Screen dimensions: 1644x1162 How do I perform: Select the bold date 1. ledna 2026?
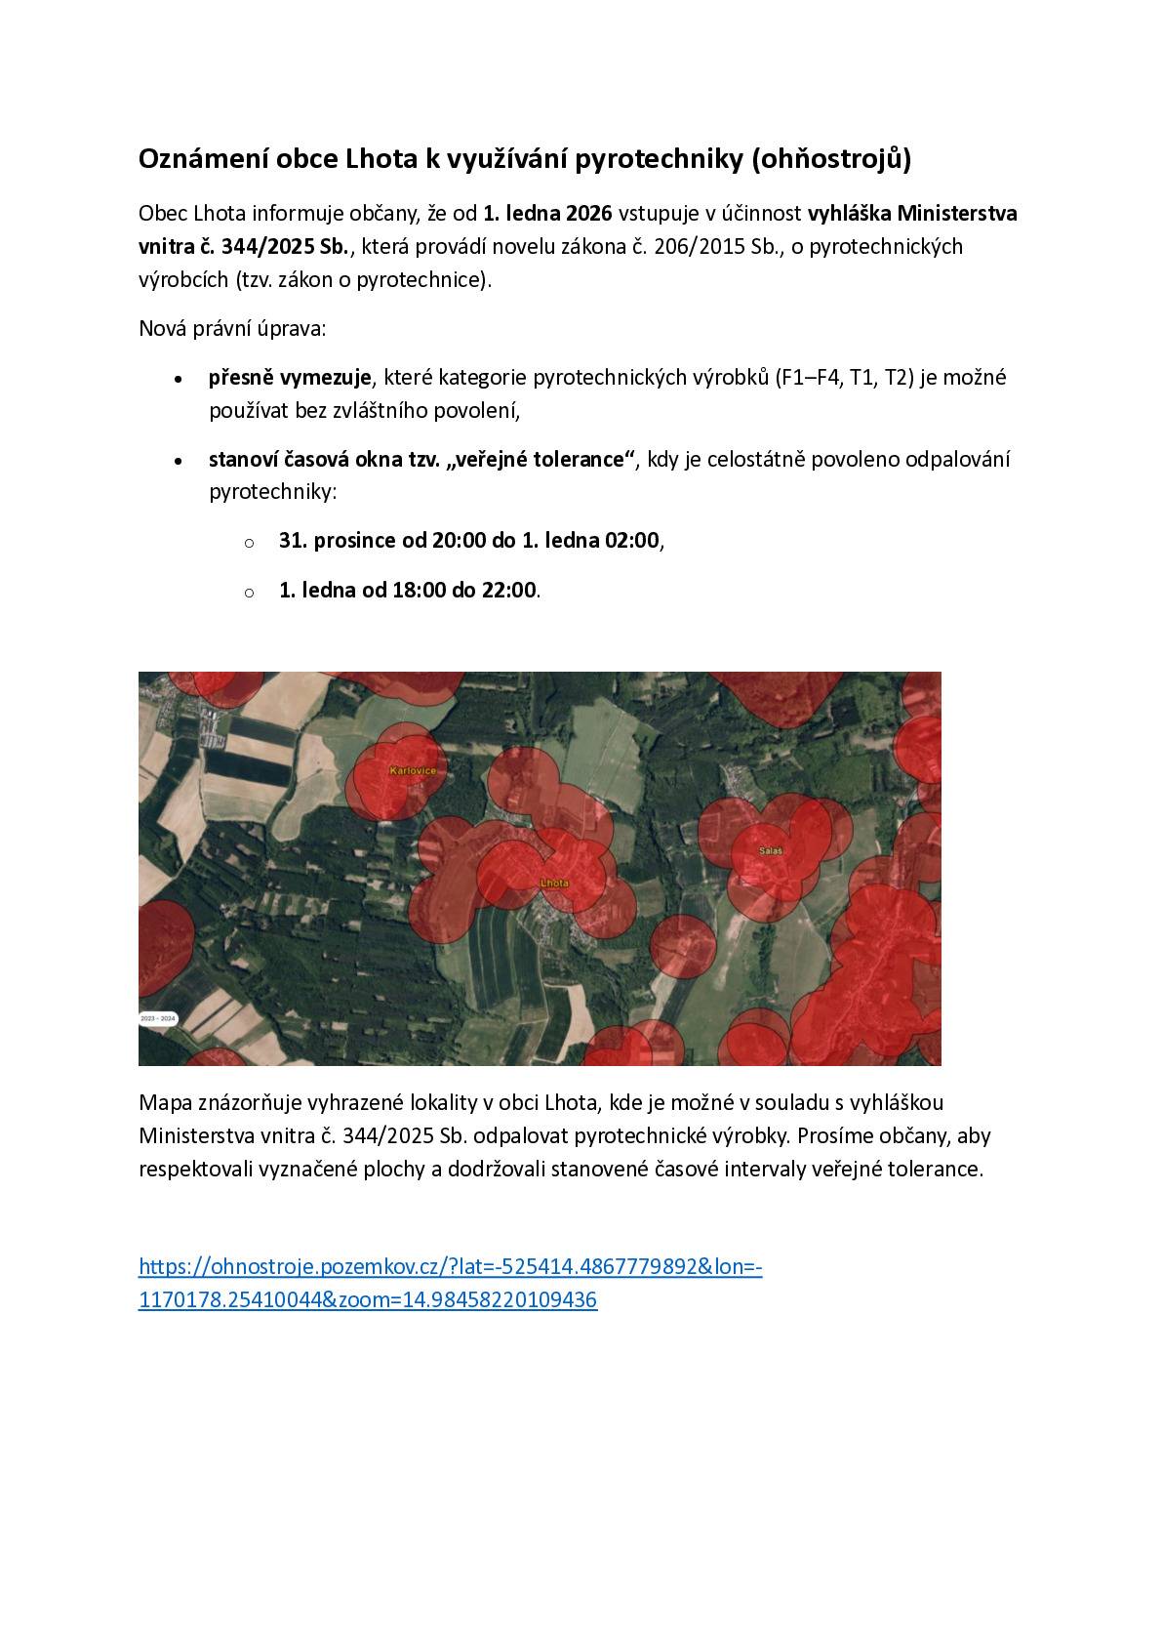(547, 213)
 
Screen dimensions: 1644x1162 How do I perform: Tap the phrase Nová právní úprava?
(232, 328)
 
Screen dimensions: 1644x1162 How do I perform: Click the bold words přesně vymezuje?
(290, 377)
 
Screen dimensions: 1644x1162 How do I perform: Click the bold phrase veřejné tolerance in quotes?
(541, 459)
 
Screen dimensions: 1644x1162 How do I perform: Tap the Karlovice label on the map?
(413, 771)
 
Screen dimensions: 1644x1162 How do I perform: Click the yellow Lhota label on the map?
(553, 883)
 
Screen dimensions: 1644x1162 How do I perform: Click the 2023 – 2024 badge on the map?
(158, 1018)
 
